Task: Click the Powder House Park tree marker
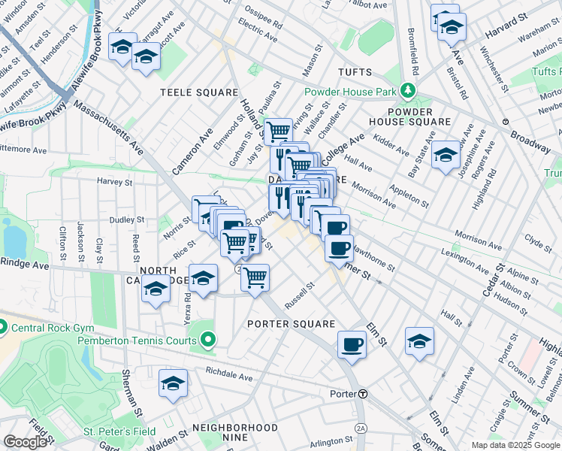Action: (407, 91)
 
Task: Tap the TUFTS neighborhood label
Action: (355, 72)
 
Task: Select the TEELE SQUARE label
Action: (199, 92)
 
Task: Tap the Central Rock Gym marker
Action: (3, 327)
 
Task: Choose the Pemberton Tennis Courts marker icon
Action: (208, 341)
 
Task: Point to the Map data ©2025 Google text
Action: (515, 445)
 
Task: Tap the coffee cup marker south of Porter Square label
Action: (352, 345)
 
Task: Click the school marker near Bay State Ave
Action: (446, 155)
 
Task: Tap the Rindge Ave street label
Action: (24, 264)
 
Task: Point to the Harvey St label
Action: (114, 182)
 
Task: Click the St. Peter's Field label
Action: (119, 431)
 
